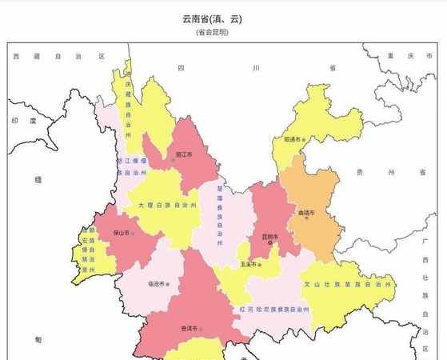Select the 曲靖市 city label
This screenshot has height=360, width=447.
coord(306,213)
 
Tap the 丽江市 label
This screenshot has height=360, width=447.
coord(184,154)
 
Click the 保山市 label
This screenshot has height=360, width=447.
coord(122,232)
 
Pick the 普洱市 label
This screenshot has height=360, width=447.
coord(189,328)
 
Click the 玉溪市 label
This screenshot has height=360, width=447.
coord(248,264)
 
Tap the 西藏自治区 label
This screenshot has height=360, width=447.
coord(58,57)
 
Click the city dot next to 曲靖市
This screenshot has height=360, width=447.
coord(307,219)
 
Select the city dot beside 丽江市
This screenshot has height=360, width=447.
coord(173,160)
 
